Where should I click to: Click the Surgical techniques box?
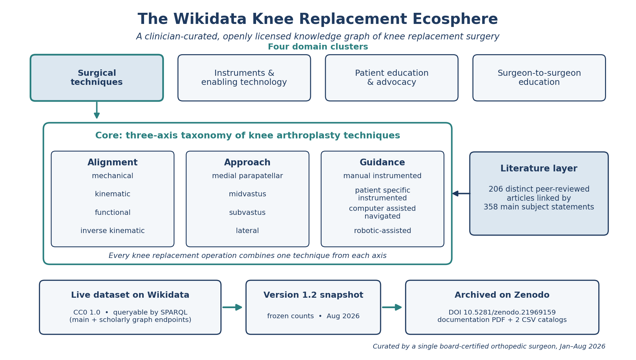97,78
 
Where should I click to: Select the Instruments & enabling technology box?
244,78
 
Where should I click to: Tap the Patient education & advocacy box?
391,78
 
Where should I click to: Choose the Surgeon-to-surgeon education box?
539,78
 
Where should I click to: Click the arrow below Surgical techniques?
97,110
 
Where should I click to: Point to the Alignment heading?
112,163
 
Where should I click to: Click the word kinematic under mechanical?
112,194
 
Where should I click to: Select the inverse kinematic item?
112,231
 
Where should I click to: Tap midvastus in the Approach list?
247,194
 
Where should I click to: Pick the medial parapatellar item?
247,176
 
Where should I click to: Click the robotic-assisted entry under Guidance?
382,231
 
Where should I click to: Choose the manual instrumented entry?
382,176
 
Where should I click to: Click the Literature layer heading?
539,169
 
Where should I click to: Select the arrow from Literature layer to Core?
461,194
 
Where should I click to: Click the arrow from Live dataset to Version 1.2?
232,307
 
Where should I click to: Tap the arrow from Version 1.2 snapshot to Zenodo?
392,307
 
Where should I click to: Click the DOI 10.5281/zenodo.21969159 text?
502,313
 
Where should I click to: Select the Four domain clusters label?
318,47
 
